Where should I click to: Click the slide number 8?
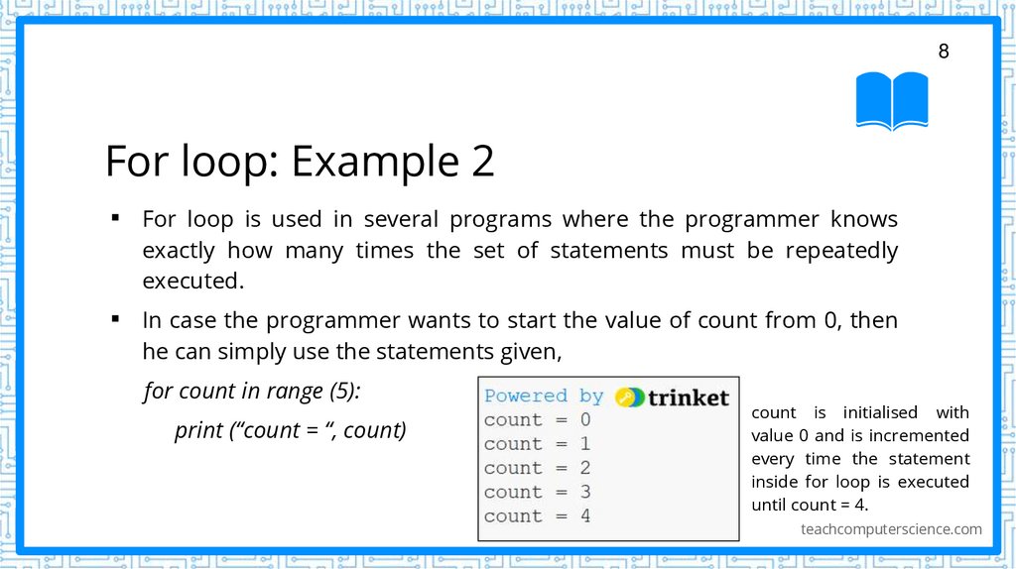point(944,52)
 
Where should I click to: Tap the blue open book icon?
point(892,100)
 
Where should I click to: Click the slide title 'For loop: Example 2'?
point(300,161)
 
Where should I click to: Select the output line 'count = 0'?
point(537,420)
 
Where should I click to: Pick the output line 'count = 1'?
point(537,444)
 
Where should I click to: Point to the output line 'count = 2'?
point(537,468)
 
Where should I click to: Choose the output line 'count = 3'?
point(537,492)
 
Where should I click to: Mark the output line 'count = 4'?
point(537,515)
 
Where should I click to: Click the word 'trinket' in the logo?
point(688,398)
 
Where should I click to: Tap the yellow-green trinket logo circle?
point(629,397)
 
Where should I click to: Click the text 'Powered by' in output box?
point(544,397)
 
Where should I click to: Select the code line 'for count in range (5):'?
point(252,391)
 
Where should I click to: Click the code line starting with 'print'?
point(290,430)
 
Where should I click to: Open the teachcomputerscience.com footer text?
point(891,529)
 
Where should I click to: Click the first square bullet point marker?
point(116,217)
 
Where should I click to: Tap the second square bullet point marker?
point(116,319)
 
